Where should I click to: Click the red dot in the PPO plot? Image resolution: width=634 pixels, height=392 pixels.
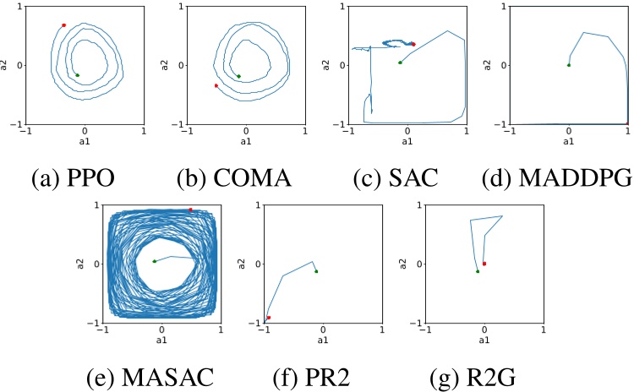64,25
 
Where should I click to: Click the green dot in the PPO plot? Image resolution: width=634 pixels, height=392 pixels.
78,75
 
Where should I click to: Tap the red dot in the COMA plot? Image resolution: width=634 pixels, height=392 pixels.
216,85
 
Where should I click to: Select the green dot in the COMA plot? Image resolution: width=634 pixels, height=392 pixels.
238,76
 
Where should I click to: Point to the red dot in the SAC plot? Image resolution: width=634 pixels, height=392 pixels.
413,44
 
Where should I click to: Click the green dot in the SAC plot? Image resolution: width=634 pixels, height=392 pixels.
401,63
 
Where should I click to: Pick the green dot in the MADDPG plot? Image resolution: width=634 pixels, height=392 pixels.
569,65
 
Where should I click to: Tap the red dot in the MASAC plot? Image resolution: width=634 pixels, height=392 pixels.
191,210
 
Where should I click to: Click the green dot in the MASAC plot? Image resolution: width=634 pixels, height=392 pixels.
154,261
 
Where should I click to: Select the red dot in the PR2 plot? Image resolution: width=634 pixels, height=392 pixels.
269,318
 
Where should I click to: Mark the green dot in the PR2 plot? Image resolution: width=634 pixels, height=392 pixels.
316,271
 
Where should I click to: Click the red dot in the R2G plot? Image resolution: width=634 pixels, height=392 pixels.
484,264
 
